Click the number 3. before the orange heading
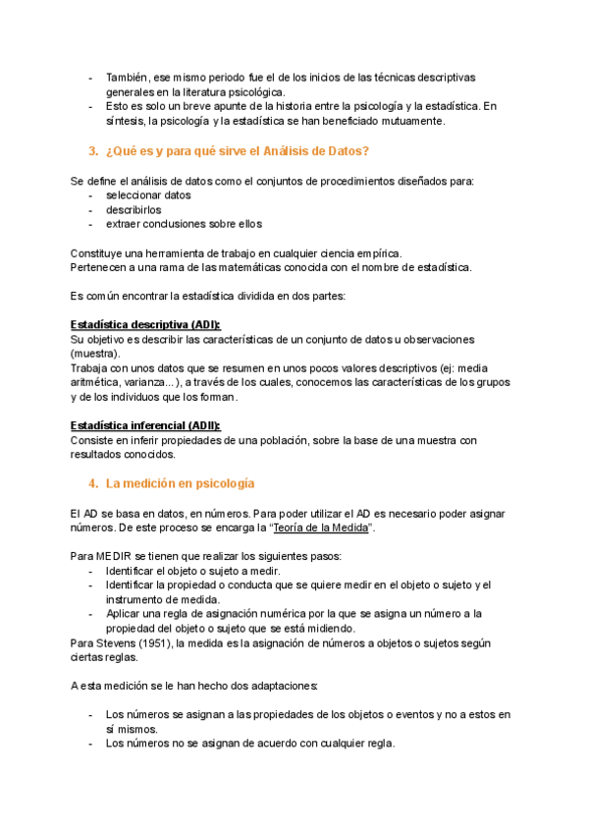click(x=92, y=150)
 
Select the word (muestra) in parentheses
click(x=95, y=353)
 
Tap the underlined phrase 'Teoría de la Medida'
click(x=322, y=528)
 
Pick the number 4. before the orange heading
click(x=92, y=483)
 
